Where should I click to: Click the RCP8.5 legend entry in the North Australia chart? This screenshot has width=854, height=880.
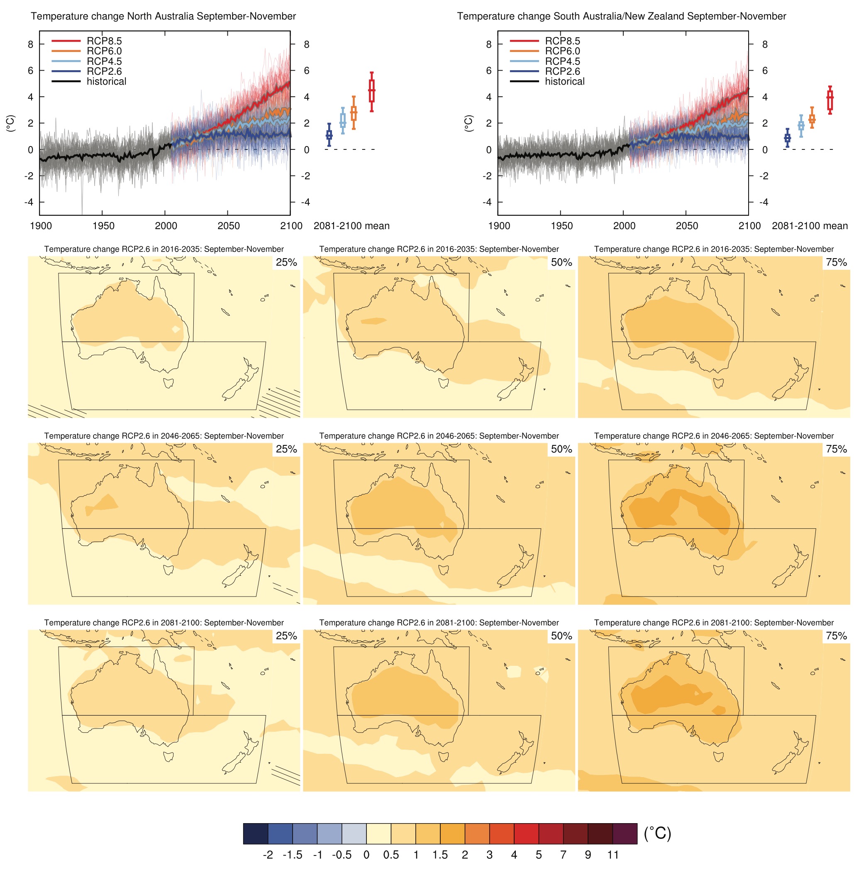(x=104, y=41)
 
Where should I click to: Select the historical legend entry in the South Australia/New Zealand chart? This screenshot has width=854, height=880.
(x=564, y=81)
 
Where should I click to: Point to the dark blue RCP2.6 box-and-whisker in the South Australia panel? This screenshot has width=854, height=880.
(x=787, y=138)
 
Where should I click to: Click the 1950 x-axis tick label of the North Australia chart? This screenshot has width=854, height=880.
(x=103, y=226)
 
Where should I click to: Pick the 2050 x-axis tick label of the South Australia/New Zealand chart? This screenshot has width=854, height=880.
(x=687, y=226)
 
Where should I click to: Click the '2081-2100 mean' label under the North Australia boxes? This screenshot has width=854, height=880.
(x=351, y=226)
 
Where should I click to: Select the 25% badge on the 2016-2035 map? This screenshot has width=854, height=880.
(x=286, y=263)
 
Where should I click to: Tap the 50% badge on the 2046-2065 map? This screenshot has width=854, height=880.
(x=561, y=450)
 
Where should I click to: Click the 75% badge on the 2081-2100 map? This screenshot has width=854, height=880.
(x=837, y=636)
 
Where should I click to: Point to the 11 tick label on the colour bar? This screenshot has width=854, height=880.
(x=613, y=855)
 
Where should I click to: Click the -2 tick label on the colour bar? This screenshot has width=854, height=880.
(x=268, y=855)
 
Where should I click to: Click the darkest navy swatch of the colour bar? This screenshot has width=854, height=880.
(x=255, y=834)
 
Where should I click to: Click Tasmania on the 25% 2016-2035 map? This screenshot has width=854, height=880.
(x=169, y=383)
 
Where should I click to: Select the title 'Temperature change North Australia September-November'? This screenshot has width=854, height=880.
(x=163, y=17)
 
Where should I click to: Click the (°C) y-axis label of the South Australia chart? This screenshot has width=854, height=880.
(x=468, y=123)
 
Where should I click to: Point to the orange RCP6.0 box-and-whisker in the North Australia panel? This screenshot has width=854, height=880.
(x=354, y=113)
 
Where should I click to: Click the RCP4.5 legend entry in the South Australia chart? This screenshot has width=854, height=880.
(x=562, y=61)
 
